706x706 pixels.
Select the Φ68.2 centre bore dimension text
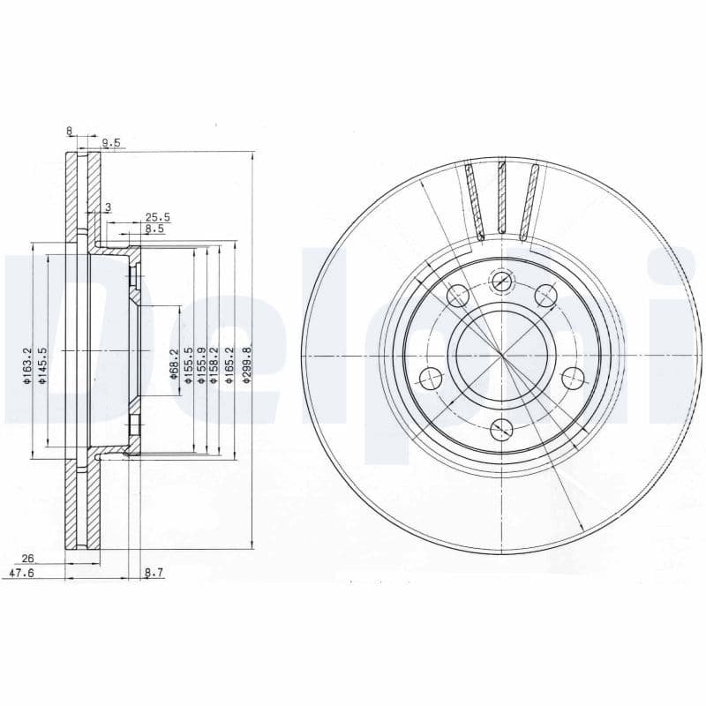coord(175,364)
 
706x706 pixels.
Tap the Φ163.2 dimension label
coord(27,365)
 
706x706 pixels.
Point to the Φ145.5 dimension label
coord(41,365)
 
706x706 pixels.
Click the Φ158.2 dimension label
coord(214,364)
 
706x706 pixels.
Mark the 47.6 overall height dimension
coord(20,573)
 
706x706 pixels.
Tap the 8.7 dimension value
coord(154,573)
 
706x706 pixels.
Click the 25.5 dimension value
coord(157,217)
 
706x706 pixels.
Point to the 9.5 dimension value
coord(110,142)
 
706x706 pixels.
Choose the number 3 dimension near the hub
coord(108,207)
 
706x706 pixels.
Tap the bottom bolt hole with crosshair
coord(501,430)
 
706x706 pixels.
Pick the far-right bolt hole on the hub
coord(573,379)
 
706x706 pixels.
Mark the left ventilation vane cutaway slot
coord(475,201)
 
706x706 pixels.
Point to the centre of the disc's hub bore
coord(501,356)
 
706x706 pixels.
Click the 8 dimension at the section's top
coord(69,131)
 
